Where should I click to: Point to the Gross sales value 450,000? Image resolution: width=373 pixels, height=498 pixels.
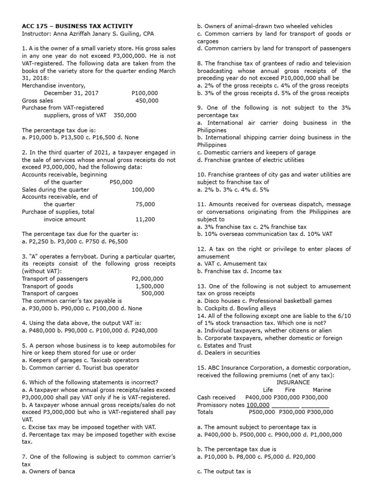(147, 100)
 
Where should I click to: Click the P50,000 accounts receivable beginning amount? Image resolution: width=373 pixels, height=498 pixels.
(121, 182)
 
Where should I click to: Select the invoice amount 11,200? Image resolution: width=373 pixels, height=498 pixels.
(145, 219)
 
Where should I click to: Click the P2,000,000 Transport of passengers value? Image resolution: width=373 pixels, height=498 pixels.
(148, 279)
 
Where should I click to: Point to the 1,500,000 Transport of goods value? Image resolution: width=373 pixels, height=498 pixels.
(150, 286)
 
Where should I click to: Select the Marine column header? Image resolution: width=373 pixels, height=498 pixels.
(322, 390)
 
